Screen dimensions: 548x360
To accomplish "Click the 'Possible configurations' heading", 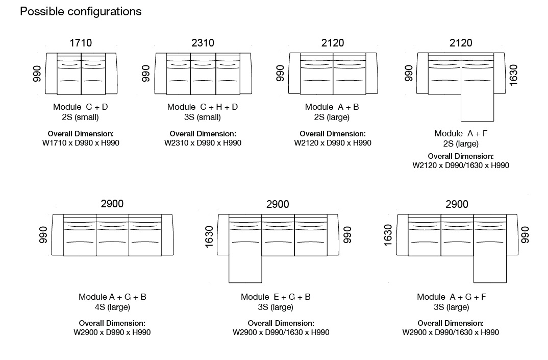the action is coord(81,12).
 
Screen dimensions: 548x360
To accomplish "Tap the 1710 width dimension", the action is coord(81,43).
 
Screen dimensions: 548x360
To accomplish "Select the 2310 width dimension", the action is coord(203,43).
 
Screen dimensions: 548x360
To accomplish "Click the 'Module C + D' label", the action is coord(81,107).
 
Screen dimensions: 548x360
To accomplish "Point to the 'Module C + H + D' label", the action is coord(203,107).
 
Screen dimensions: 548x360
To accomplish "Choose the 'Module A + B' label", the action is coord(332,107).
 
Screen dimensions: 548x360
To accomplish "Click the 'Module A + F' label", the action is coord(461,134).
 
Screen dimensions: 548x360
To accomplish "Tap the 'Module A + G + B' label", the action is coord(113,297).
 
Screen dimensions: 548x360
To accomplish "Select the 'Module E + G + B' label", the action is coord(276,297).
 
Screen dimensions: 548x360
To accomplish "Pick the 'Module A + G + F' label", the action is coord(452,297).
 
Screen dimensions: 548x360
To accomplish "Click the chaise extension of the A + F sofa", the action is coord(478,108).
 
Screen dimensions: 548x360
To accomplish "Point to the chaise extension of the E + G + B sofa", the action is coord(245,269).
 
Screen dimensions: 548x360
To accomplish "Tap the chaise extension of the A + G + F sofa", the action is coord(490,269).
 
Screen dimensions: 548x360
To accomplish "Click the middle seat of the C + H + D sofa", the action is coord(203,74).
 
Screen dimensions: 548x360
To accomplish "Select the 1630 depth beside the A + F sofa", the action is coord(513,75).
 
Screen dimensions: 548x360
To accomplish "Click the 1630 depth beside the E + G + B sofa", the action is coord(209,237).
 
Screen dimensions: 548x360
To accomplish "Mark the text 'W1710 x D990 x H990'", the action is coord(81,143).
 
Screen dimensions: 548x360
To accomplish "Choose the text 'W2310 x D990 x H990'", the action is coord(203,143).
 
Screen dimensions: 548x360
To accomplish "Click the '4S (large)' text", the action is coord(113,307).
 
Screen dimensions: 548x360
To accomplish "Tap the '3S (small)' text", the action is coord(203,117).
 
